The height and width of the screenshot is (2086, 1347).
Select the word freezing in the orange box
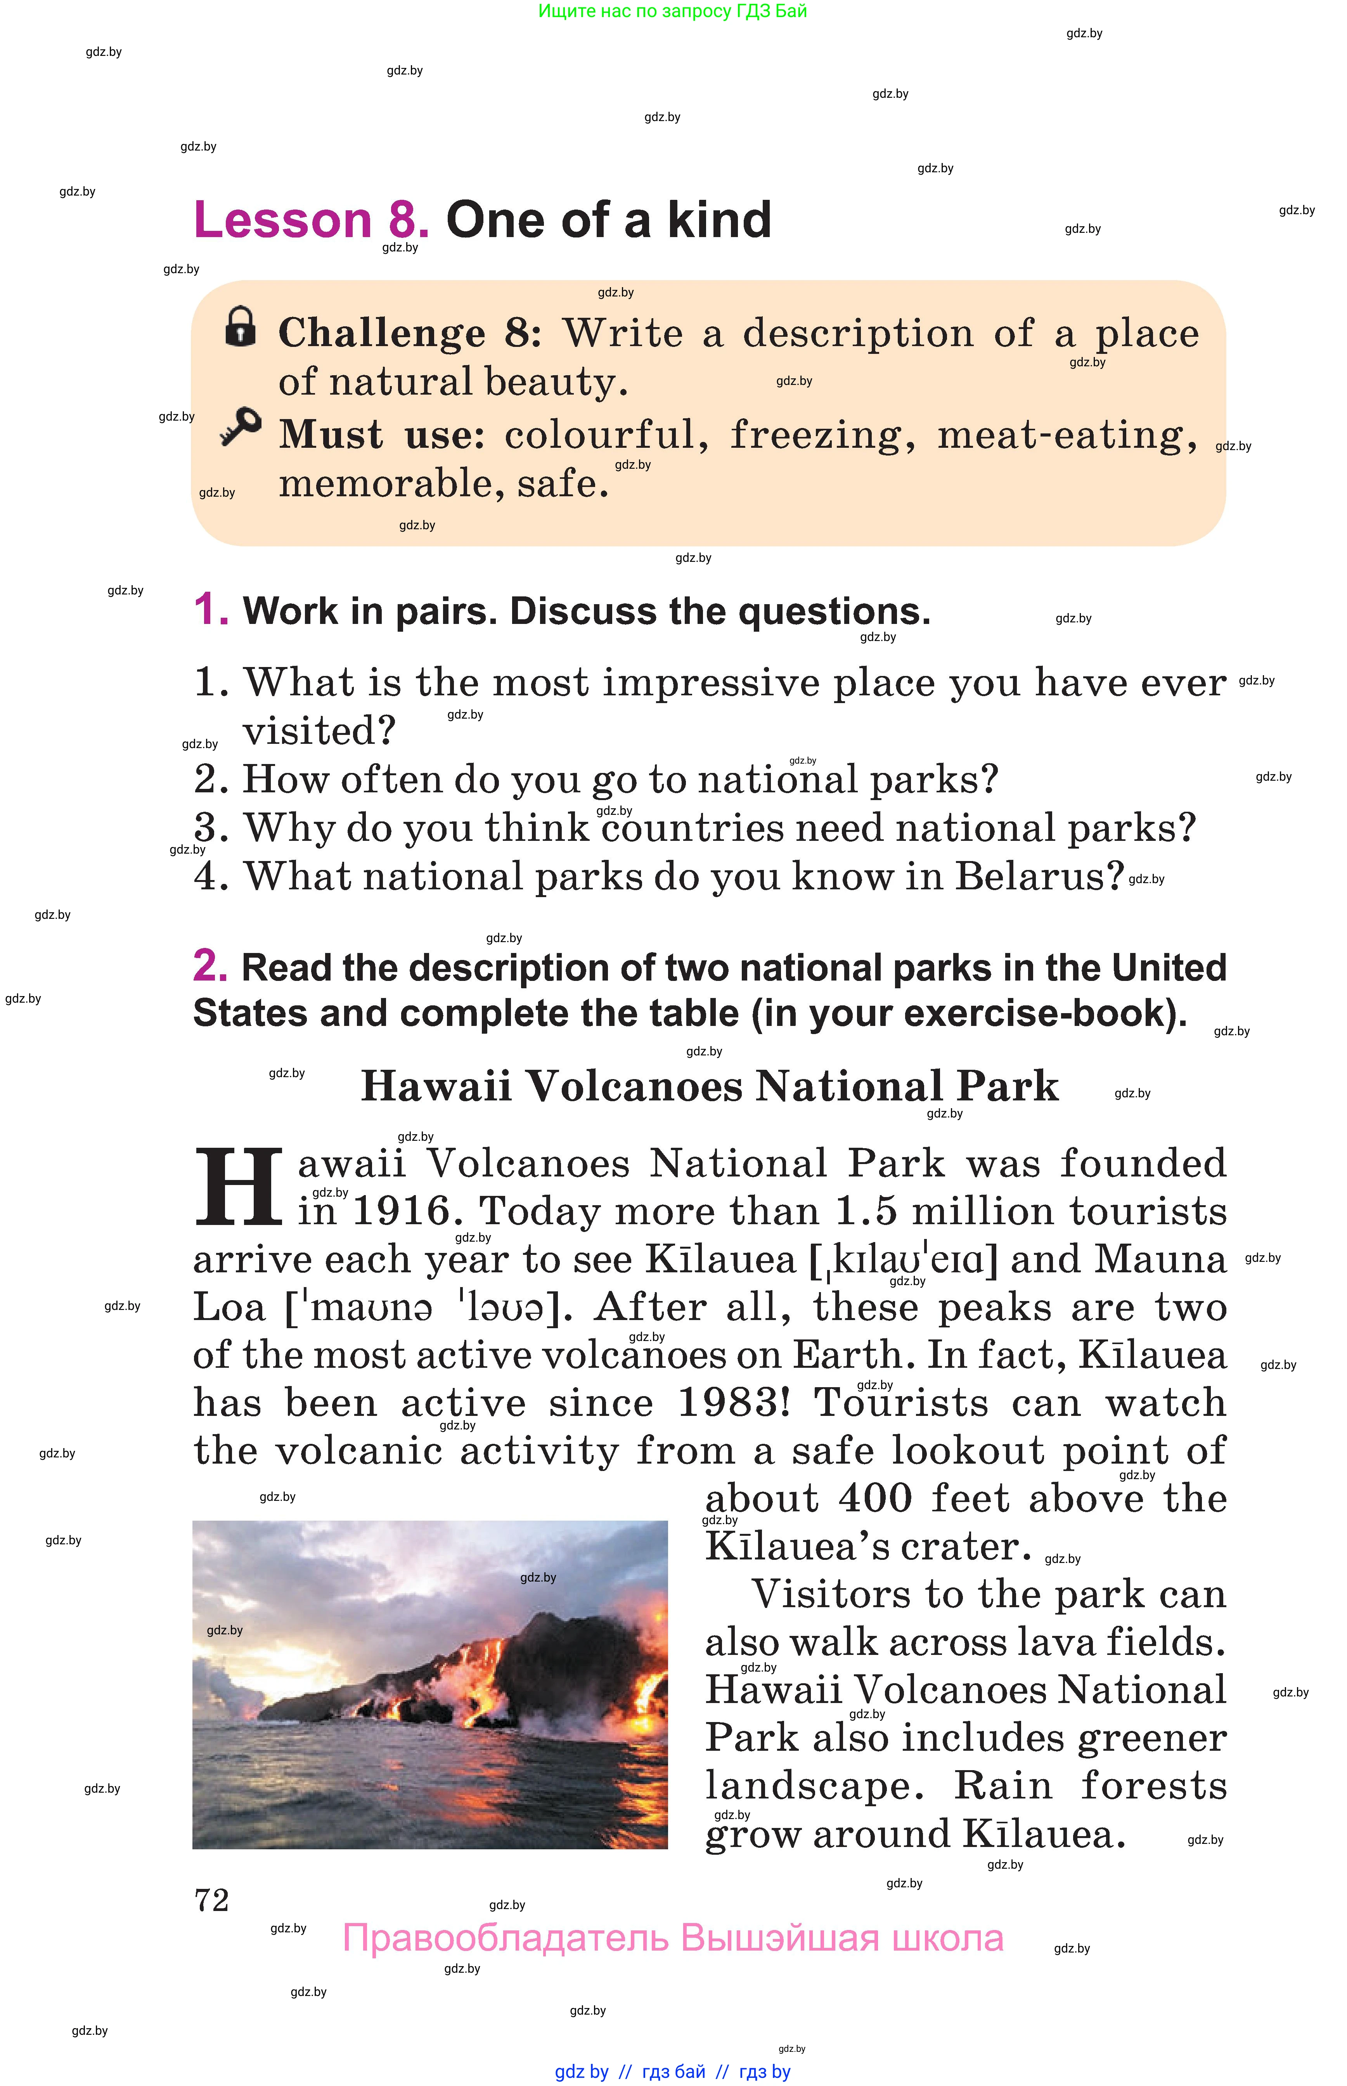pos(822,435)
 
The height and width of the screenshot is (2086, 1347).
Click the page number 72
pos(212,1901)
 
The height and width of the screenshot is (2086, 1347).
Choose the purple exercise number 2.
pos(210,967)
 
